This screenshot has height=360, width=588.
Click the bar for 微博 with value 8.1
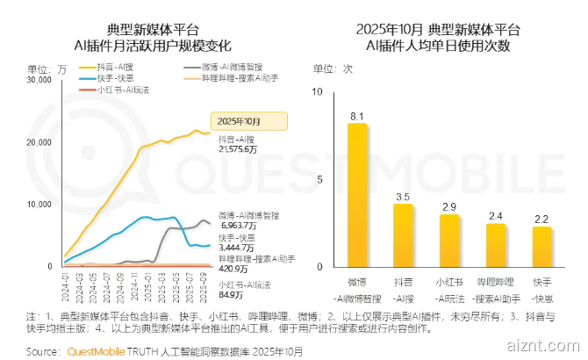(x=356, y=195)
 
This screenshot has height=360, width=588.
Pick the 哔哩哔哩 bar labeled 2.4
(x=496, y=245)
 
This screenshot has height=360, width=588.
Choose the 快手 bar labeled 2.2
(x=541, y=247)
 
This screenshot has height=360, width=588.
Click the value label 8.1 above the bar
(x=356, y=115)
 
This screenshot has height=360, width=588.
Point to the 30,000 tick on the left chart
(x=39, y=81)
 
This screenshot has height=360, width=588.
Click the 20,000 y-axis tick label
(x=39, y=142)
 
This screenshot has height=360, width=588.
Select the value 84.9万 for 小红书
(x=231, y=294)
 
